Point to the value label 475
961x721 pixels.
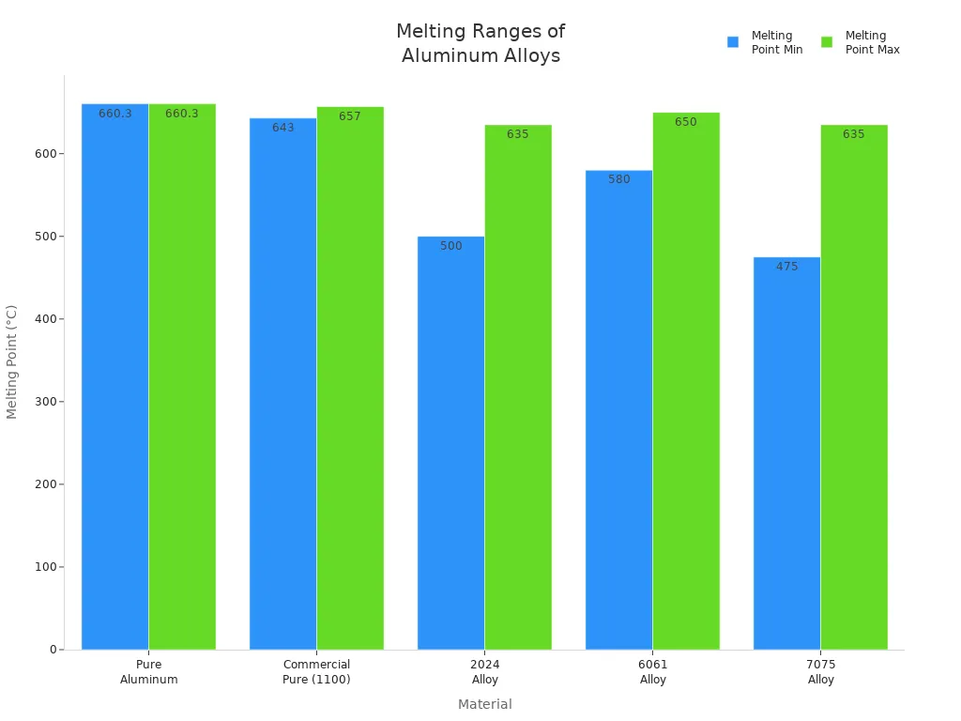[x=786, y=267]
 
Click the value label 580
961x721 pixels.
[x=618, y=179]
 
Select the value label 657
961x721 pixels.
[x=350, y=116]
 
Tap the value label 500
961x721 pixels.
[x=450, y=246]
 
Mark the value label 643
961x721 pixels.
[x=282, y=128]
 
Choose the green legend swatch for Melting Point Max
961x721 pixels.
[x=827, y=42]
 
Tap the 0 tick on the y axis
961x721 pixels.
[x=53, y=650]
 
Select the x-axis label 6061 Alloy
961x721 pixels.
[x=652, y=672]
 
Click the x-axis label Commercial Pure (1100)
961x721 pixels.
[x=316, y=672]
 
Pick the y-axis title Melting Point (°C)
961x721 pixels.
[x=12, y=361]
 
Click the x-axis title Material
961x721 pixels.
[x=484, y=704]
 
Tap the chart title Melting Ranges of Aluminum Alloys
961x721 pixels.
[x=480, y=43]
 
